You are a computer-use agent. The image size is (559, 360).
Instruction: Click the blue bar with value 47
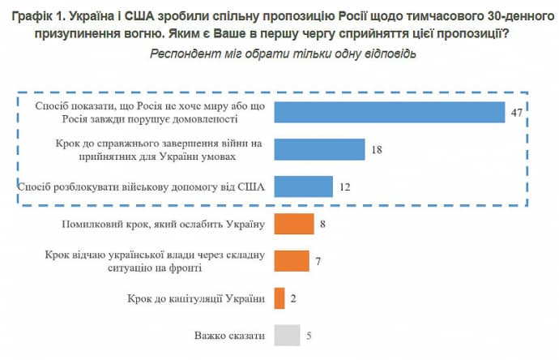390,112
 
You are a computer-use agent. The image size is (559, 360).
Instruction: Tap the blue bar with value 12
304,186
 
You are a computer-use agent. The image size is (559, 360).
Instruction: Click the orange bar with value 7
292,261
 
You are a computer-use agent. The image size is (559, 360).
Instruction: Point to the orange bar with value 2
279,298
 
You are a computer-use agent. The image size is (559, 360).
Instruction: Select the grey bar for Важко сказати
287,335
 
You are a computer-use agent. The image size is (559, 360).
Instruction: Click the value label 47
516,113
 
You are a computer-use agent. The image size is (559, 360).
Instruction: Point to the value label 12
345,187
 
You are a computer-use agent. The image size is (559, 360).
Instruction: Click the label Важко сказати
230,335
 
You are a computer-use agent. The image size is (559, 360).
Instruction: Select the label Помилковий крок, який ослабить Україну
164,224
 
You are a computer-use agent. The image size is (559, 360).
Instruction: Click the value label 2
293,299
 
